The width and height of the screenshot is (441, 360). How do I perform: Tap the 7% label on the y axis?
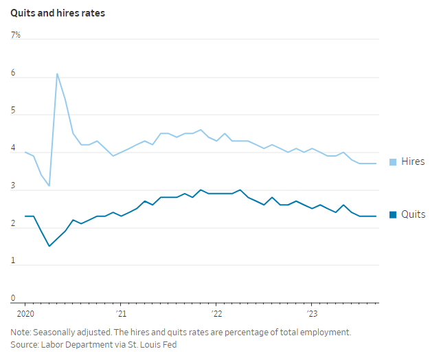(15, 34)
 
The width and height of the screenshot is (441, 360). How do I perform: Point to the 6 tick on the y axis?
(13, 72)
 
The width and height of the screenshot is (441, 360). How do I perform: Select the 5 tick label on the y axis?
(13, 110)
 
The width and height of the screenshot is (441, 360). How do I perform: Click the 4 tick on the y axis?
(13, 148)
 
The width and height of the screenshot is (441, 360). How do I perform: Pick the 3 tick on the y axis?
(13, 185)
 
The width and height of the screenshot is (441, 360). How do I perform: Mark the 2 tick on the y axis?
(13, 223)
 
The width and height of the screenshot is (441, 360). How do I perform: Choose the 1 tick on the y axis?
(13, 260)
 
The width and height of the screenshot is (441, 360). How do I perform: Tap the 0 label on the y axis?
(13, 297)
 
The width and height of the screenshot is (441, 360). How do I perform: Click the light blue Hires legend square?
(394, 162)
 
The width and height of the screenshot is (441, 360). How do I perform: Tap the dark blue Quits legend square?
(394, 215)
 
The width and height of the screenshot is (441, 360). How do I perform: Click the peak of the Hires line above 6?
(57, 74)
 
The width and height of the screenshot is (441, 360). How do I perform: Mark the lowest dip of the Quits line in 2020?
(49, 246)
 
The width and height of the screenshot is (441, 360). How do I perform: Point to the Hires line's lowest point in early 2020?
(49, 185)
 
